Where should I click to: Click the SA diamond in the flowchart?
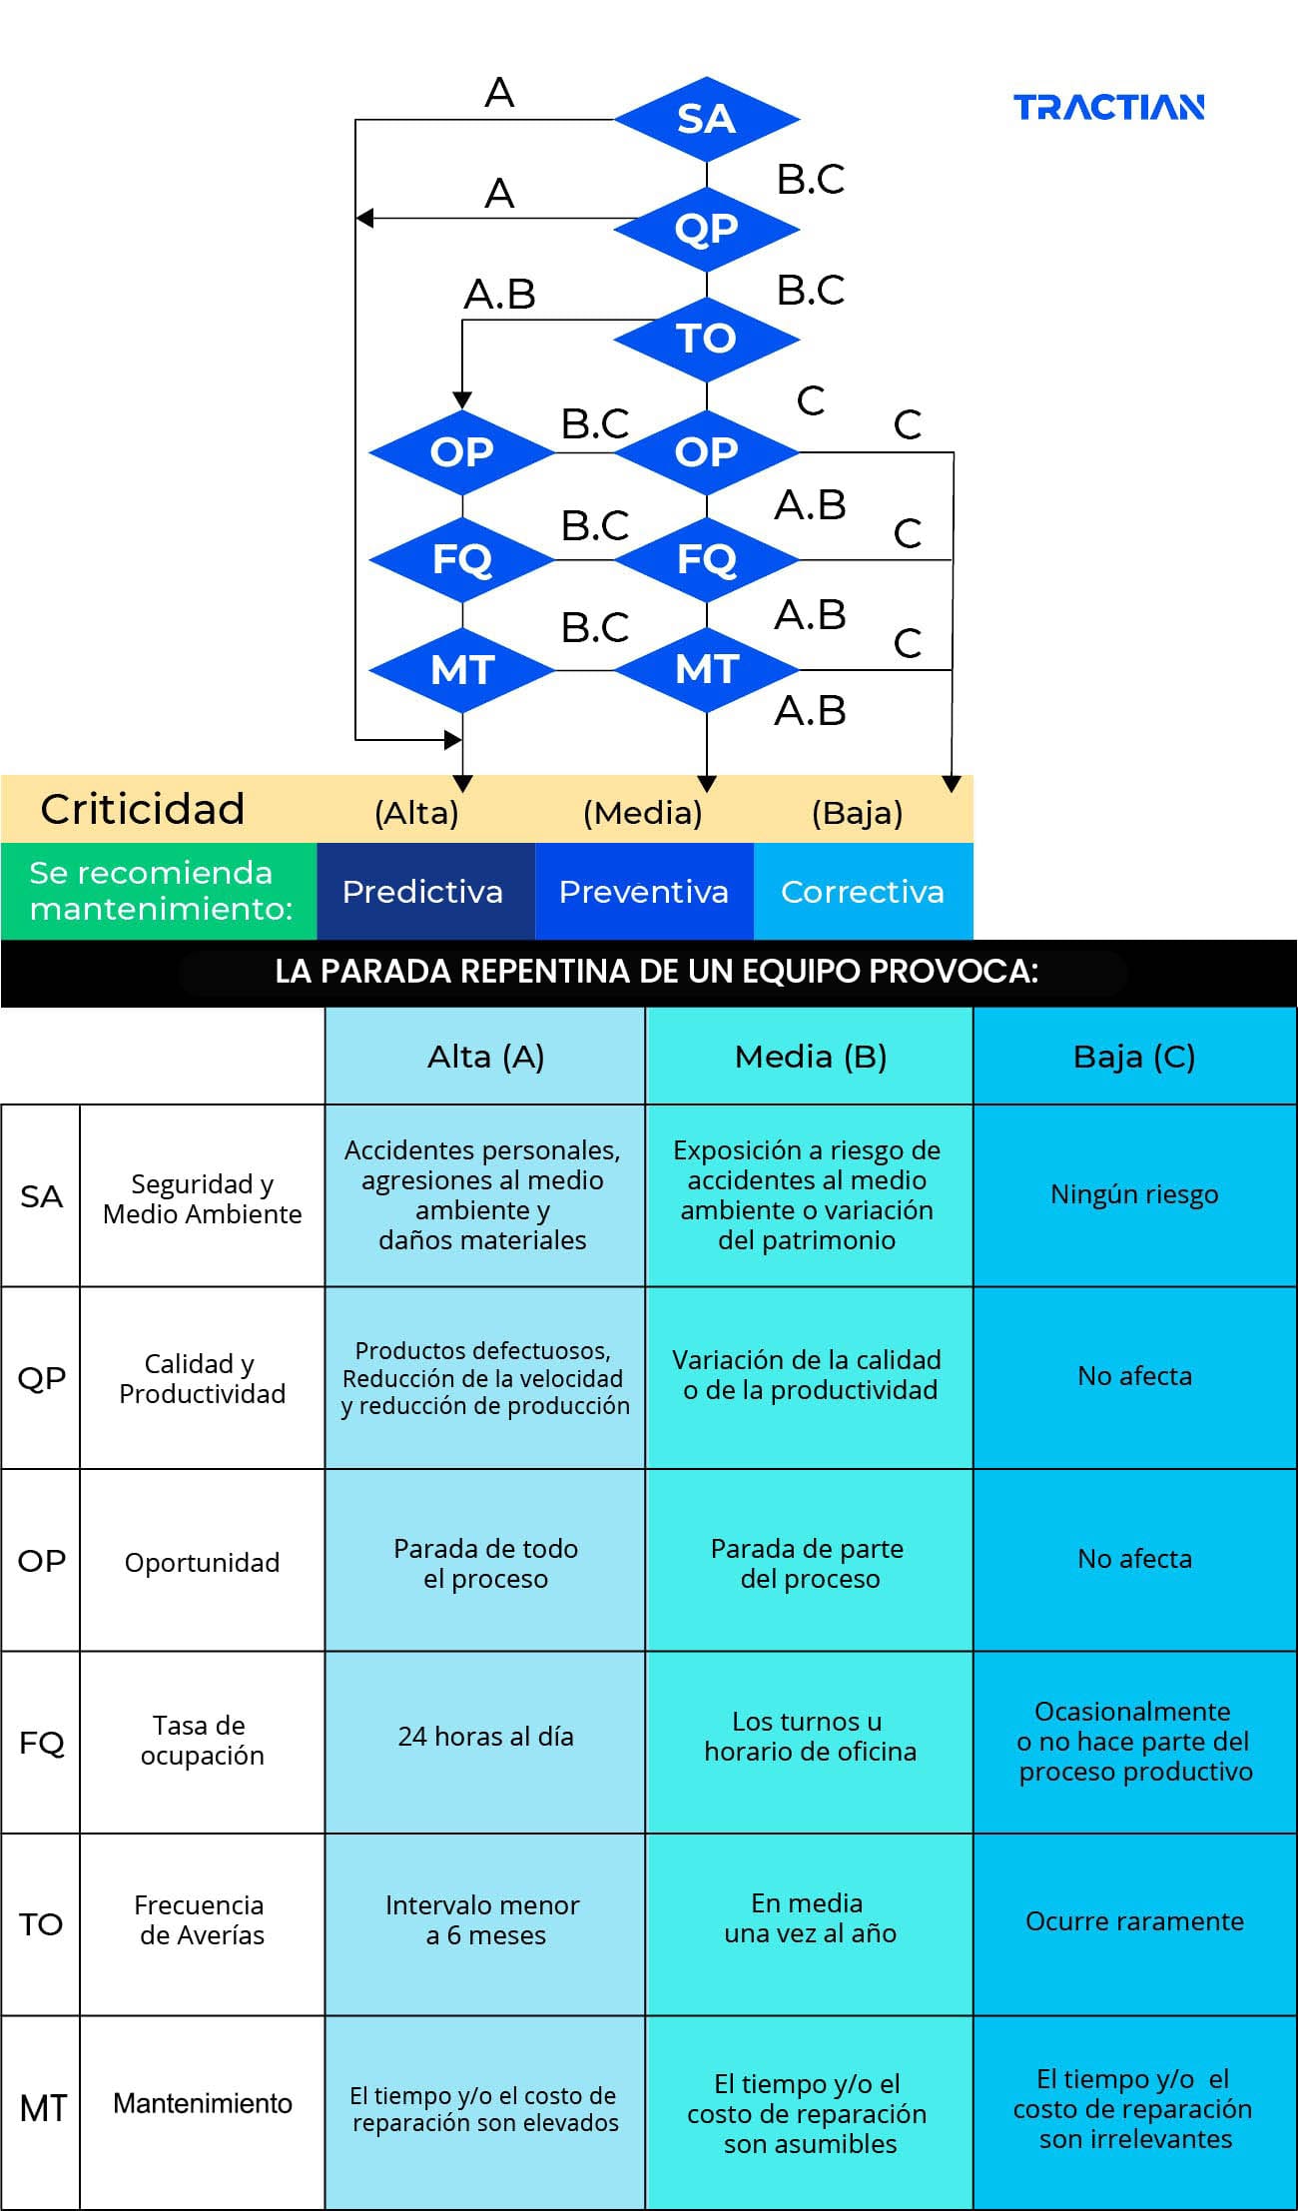point(706,119)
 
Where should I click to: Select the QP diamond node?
point(706,229)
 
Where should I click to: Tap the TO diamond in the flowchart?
point(706,339)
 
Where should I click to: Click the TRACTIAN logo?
point(1108,107)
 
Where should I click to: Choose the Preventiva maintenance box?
point(644,891)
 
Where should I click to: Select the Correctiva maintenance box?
point(863,891)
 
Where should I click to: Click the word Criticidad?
point(142,809)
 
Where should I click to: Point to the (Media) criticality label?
point(643,813)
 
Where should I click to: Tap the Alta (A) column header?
point(485,1056)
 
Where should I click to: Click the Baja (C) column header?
point(1134,1056)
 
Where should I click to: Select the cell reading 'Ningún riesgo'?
point(1134,1194)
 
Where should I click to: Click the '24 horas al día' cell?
point(485,1737)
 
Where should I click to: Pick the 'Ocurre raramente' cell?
point(1134,1921)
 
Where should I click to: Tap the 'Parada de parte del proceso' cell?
point(809,1564)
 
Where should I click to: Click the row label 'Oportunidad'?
point(202,1562)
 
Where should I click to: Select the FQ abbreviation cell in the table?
point(41,1743)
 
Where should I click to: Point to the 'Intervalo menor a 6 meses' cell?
point(485,1919)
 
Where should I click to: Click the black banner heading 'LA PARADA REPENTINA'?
point(656,972)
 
